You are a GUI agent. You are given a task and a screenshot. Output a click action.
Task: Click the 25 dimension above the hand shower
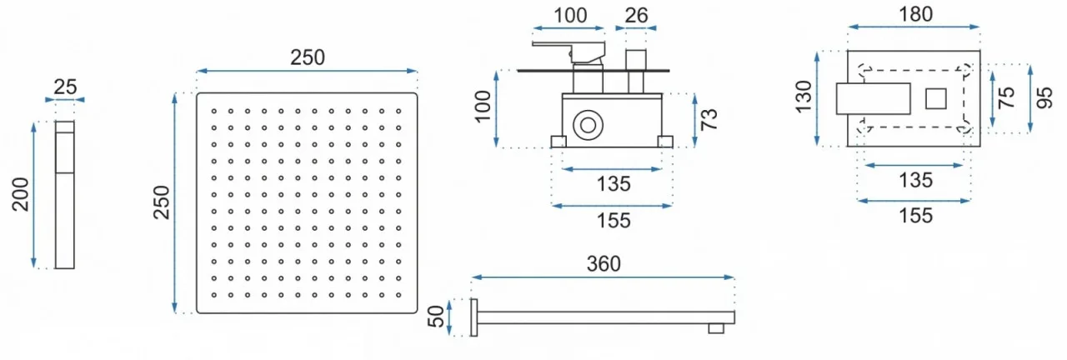point(64,85)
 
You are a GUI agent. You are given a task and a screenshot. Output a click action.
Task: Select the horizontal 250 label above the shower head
point(307,57)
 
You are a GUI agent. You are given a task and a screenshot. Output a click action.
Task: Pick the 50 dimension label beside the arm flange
point(435,317)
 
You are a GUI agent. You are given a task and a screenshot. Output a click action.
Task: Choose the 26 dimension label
point(636,15)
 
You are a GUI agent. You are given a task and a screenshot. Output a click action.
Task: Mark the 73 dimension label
point(709,119)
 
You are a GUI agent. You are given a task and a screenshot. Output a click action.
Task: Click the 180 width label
point(915,14)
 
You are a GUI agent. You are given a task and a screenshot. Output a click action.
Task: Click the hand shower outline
point(64,195)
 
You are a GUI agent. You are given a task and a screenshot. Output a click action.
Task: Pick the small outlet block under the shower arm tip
point(715,328)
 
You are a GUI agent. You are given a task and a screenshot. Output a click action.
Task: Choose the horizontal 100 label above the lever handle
point(570,15)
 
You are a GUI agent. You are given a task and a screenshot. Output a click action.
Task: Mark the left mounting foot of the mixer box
point(558,142)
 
